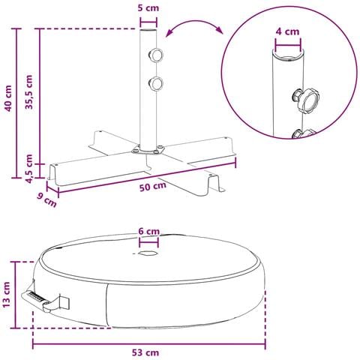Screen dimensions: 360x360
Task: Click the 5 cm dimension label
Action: point(148,8)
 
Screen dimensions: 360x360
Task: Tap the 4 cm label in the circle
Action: point(287,31)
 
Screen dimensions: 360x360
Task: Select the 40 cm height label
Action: point(8,98)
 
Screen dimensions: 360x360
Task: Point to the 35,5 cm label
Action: point(29,92)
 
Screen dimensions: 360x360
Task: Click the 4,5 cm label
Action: point(29,169)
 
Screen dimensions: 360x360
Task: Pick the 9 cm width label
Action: point(46,200)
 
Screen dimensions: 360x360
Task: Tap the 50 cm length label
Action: point(153,187)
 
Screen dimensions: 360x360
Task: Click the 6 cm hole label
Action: point(149,232)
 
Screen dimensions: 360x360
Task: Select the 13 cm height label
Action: point(7,295)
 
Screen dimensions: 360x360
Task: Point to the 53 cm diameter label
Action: point(145,352)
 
